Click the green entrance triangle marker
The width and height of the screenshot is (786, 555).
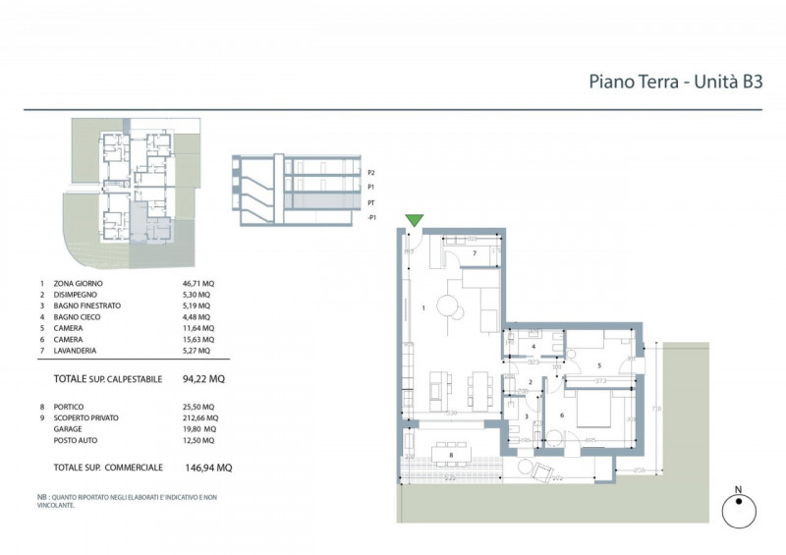[x=415, y=221]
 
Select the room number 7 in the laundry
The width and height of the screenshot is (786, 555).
[x=474, y=253]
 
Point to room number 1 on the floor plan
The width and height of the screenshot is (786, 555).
[x=423, y=307]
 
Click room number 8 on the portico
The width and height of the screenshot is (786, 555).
[x=450, y=455]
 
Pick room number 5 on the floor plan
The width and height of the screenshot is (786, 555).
[x=598, y=365]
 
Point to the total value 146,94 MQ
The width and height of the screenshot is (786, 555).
[x=209, y=469]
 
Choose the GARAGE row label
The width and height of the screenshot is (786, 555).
[x=69, y=428]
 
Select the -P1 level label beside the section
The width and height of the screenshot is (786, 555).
[x=371, y=215]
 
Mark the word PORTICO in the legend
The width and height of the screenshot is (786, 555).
[x=69, y=406]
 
